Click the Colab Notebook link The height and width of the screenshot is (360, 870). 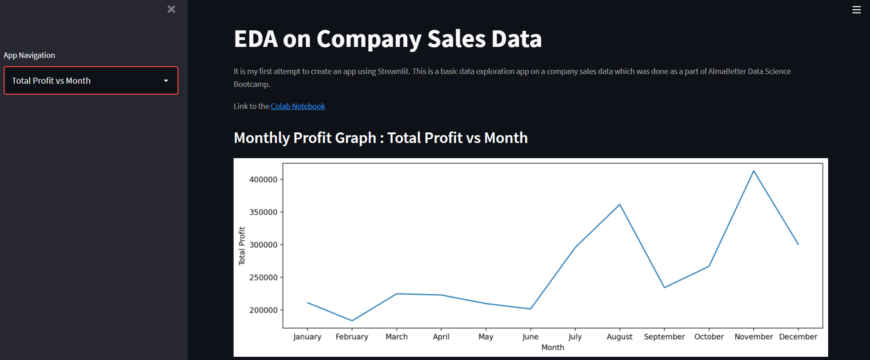(298, 106)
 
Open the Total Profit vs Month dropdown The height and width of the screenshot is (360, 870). (91, 80)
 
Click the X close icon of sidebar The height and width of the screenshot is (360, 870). (172, 9)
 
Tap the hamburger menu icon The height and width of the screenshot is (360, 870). (856, 10)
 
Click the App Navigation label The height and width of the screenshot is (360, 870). (29, 55)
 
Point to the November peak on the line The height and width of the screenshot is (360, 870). (753, 171)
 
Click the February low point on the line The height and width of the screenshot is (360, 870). (352, 320)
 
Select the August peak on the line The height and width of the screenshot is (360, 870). (620, 205)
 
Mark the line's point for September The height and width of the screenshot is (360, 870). (664, 287)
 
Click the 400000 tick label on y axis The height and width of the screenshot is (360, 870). (263, 179)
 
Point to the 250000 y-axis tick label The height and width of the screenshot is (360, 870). (263, 277)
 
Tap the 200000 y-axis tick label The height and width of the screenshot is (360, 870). (263, 310)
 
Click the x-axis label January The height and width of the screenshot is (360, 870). (307, 337)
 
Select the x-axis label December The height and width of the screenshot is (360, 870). (798, 337)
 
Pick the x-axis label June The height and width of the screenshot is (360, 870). (530, 337)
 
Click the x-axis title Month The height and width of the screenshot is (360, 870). (552, 347)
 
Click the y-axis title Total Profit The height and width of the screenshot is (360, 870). (242, 246)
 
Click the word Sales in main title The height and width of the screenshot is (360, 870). (456, 39)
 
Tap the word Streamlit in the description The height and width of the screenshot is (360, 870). (393, 71)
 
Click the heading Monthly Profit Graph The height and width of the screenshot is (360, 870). (305, 138)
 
